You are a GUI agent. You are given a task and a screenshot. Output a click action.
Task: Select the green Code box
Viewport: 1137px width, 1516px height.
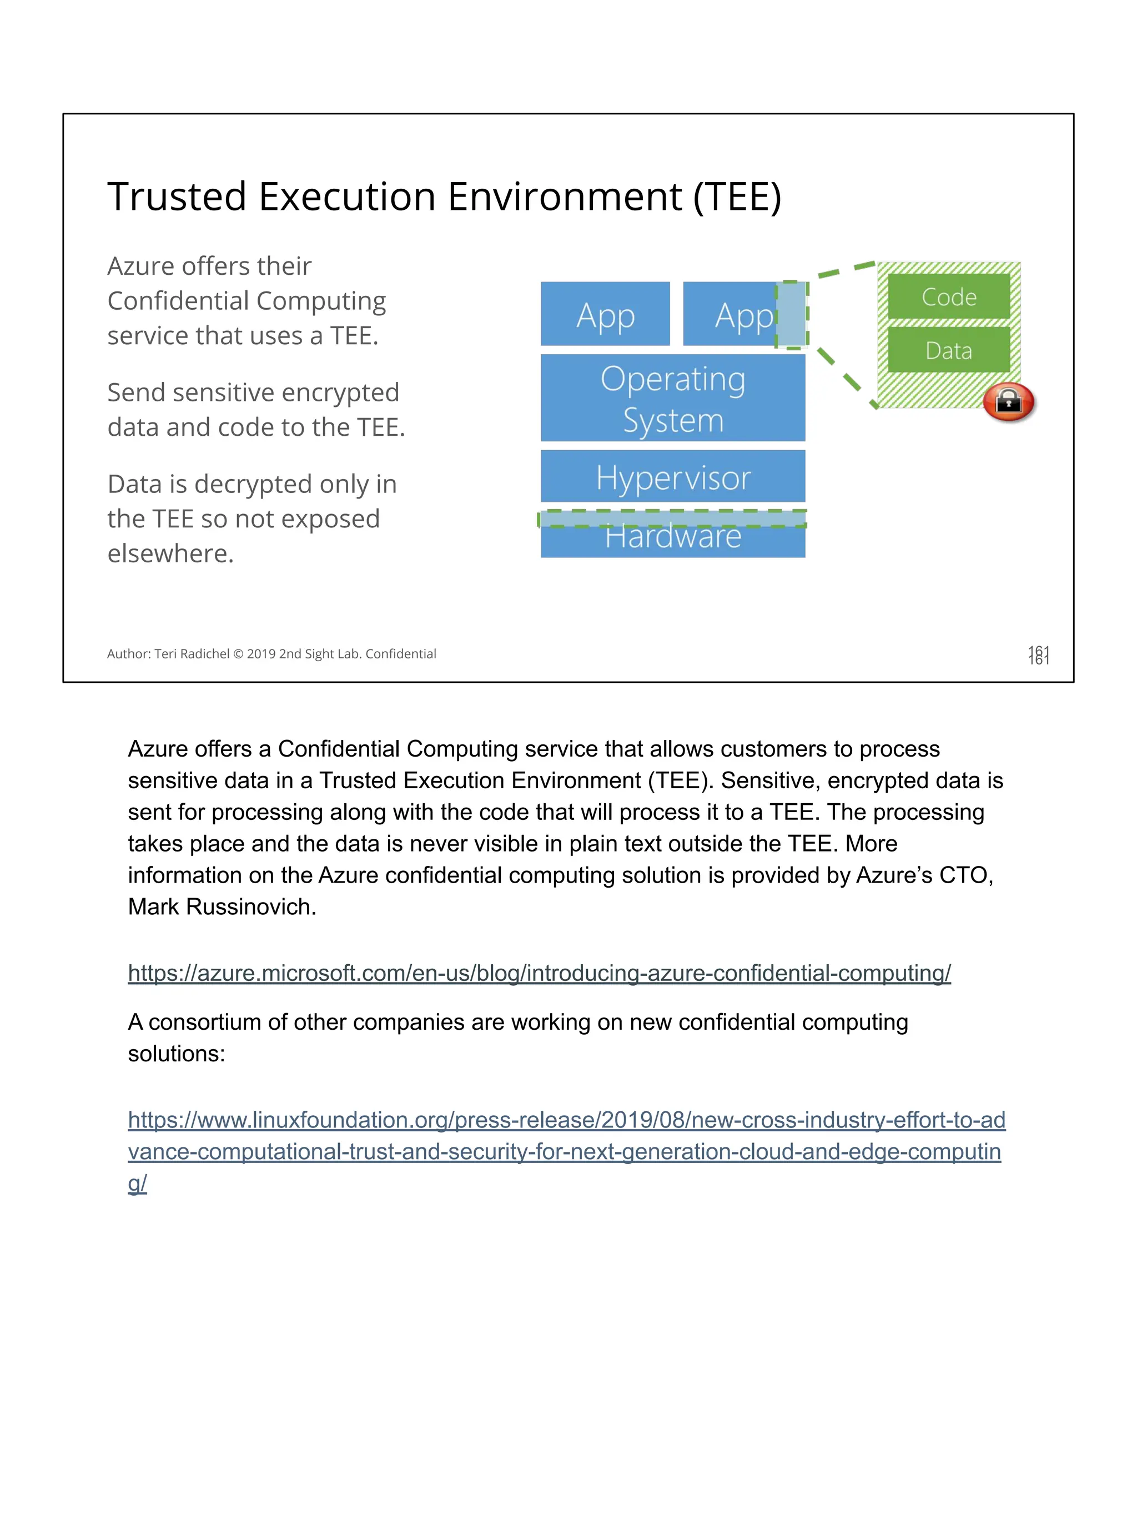pos(949,297)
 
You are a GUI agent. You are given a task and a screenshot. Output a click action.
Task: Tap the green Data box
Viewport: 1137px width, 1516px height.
pos(949,350)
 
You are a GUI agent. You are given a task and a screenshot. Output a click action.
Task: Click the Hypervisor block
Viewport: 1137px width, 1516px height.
pos(672,477)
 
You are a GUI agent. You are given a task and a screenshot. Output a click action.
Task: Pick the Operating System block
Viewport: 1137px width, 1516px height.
pos(672,398)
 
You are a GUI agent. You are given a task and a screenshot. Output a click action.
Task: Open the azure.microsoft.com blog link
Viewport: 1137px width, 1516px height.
pos(539,973)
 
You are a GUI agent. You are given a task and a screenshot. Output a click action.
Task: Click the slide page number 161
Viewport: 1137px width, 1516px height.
pos(1038,654)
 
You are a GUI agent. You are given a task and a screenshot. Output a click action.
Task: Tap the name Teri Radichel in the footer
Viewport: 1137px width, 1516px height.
pos(192,654)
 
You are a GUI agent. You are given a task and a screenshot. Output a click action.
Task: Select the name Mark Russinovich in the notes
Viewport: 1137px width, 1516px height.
pos(221,906)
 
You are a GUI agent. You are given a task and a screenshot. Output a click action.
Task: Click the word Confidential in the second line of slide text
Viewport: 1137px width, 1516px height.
pos(178,301)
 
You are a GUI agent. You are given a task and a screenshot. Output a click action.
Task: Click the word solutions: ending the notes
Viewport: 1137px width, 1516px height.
pos(176,1054)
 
